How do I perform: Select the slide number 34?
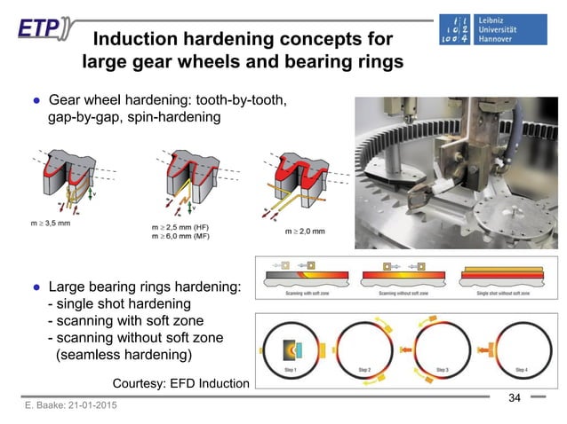coord(513,395)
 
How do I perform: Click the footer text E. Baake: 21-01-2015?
coord(64,405)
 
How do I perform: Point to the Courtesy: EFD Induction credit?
coord(181,382)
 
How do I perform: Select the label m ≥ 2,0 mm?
coord(304,231)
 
